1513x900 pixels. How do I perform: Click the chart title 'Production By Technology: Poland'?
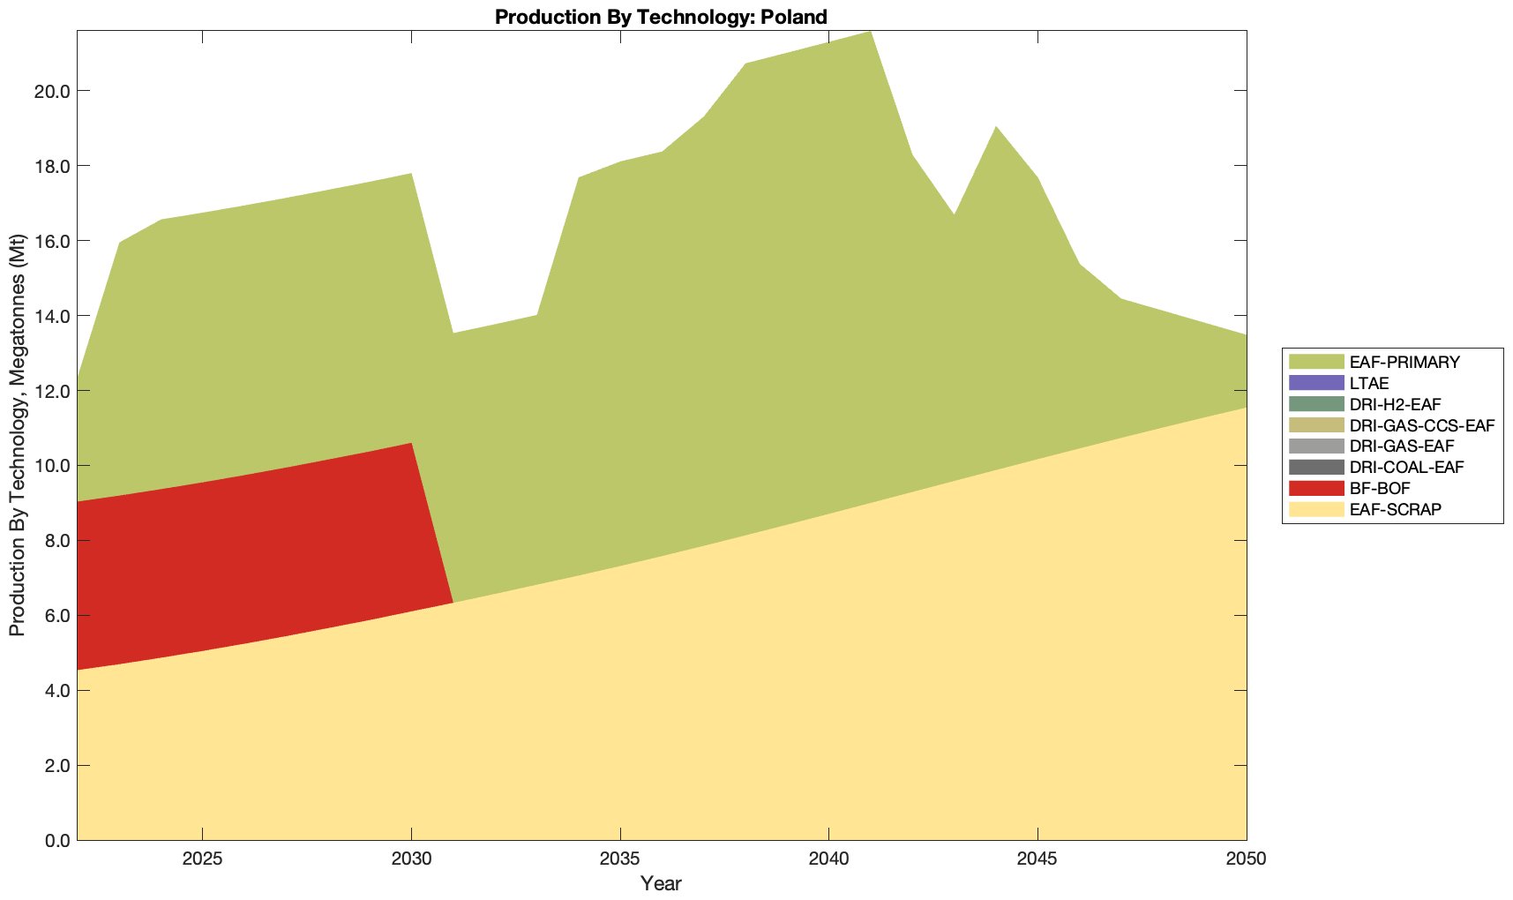pyautogui.click(x=661, y=17)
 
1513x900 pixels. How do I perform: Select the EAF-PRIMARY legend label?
pyautogui.click(x=1404, y=362)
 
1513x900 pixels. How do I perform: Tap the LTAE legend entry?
pyautogui.click(x=1369, y=384)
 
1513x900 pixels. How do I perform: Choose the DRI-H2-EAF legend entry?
pyautogui.click(x=1395, y=404)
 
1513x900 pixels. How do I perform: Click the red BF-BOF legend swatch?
pyautogui.click(x=1315, y=488)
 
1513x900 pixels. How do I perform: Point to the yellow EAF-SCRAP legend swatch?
pyautogui.click(x=1315, y=509)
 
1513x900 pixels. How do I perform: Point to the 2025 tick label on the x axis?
pyautogui.click(x=203, y=860)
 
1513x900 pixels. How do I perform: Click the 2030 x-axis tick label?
pyautogui.click(x=411, y=860)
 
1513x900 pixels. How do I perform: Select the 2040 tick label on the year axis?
pyautogui.click(x=828, y=860)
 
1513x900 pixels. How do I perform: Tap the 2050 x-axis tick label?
pyautogui.click(x=1246, y=860)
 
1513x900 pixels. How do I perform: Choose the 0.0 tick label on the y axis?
pyautogui.click(x=56, y=840)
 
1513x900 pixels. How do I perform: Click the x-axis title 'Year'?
pyautogui.click(x=661, y=883)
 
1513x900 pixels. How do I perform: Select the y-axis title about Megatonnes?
pyautogui.click(x=17, y=435)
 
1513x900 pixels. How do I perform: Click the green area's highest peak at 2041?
pyautogui.click(x=870, y=33)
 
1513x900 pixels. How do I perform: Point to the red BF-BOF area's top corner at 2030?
pyautogui.click(x=411, y=444)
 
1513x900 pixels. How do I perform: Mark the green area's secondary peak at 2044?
pyautogui.click(x=995, y=128)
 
